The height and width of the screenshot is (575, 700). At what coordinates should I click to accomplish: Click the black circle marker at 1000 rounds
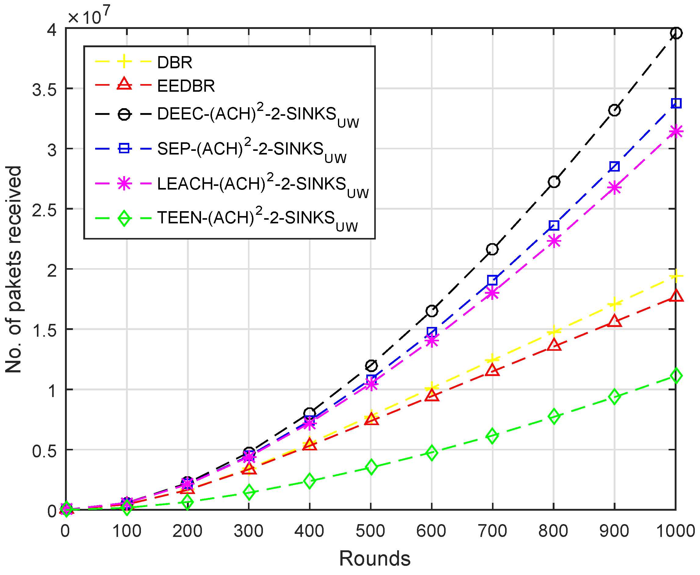tap(676, 33)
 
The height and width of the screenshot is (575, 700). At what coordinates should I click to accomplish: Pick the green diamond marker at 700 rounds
tap(492, 436)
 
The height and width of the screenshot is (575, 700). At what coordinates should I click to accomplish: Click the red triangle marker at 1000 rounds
tap(676, 296)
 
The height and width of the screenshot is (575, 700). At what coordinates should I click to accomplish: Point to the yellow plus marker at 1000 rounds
tap(676, 276)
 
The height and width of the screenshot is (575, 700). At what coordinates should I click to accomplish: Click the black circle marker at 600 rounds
tap(431, 311)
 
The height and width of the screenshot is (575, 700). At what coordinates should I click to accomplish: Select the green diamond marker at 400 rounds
tap(309, 481)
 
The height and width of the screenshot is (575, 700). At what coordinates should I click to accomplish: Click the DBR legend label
tap(174, 62)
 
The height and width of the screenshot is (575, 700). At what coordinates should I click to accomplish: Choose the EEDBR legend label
tap(186, 86)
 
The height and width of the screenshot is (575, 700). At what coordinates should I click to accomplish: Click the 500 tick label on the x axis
tap(370, 531)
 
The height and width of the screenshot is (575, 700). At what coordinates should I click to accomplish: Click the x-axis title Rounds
tap(374, 559)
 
